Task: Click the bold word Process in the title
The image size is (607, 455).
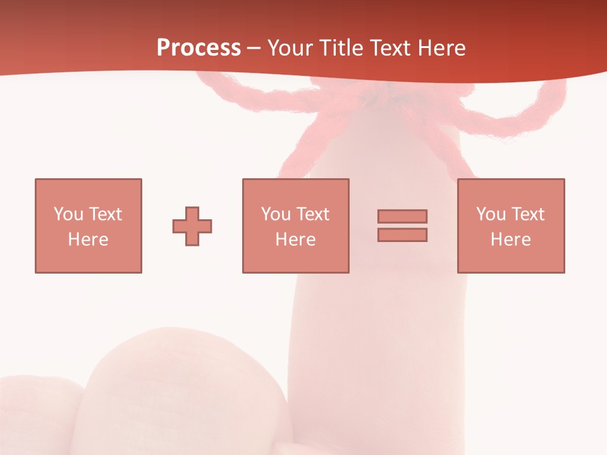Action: point(199,48)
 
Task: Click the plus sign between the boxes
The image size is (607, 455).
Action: point(192,226)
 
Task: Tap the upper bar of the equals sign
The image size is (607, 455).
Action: point(402,216)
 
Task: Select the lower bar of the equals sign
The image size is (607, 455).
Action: point(402,234)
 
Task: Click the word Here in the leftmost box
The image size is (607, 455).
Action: point(88,240)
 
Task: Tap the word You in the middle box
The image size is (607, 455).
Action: point(276,214)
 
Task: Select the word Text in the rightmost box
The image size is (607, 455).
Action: point(527,214)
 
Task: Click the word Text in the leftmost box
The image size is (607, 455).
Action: point(105,214)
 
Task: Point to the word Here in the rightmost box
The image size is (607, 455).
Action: point(510,240)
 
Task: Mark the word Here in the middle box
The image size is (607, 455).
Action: point(295,240)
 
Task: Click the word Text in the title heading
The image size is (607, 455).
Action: point(386,48)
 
